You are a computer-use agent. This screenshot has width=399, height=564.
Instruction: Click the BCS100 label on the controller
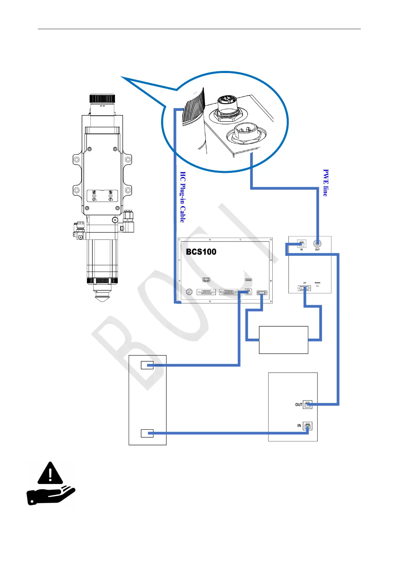(201, 252)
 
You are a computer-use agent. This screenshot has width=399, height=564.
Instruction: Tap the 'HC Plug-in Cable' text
(183, 197)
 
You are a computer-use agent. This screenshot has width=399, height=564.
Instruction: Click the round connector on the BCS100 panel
(189, 292)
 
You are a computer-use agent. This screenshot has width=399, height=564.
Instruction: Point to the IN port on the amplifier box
(302, 244)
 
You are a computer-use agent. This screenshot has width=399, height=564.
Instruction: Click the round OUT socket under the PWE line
(317, 244)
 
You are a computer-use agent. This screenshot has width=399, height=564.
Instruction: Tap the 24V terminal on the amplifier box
(304, 288)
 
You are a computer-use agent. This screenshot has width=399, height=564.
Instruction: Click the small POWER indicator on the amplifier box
(317, 286)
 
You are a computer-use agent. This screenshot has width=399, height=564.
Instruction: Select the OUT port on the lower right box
(308, 405)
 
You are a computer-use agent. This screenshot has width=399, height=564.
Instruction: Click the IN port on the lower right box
(308, 426)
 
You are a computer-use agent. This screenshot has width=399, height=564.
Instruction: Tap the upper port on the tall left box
(147, 365)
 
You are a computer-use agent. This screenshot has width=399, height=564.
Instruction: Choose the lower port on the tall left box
(147, 433)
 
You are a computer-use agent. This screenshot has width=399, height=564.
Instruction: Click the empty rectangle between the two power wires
(283, 340)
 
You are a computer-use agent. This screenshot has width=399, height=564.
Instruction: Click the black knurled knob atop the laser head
(103, 99)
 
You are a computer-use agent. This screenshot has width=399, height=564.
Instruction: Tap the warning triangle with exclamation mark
(50, 473)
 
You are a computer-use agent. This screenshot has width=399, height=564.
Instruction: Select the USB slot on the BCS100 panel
(248, 280)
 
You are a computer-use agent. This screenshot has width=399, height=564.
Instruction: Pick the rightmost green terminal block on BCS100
(262, 293)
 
